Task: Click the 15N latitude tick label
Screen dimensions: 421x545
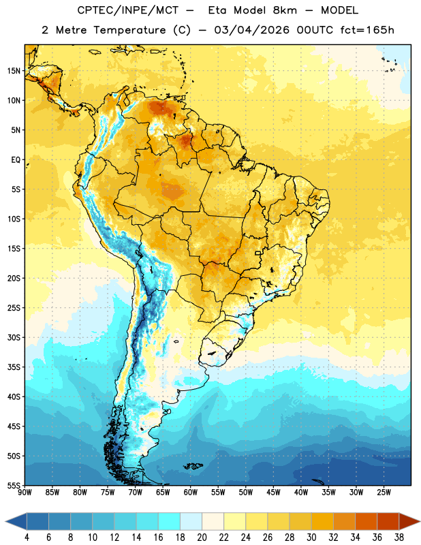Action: point(14,71)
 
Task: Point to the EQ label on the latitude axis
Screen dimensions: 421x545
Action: point(16,160)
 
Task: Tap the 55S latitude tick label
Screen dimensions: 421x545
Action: point(14,486)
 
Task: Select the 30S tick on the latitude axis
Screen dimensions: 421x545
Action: point(14,337)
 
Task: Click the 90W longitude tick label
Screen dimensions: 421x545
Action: point(25,493)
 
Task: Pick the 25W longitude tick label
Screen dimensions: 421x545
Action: point(384,493)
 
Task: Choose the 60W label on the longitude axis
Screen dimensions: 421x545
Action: point(191,493)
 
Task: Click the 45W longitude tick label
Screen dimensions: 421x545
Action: point(273,493)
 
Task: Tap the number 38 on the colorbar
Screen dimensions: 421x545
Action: point(399,538)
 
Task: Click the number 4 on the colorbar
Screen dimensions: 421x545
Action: point(27,538)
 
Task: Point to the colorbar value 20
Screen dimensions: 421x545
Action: point(202,538)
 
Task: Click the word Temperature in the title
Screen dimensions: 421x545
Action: point(129,30)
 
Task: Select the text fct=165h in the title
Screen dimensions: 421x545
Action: point(367,30)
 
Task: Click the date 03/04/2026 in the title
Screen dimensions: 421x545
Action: point(251,30)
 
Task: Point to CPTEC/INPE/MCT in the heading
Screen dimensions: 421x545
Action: point(127,10)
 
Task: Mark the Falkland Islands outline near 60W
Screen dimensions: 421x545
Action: point(193,466)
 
